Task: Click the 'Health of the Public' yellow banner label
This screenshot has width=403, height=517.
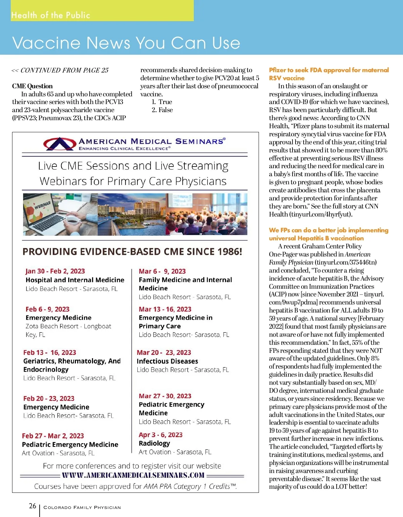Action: click(x=51, y=15)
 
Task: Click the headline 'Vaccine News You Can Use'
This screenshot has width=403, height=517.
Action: click(x=126, y=43)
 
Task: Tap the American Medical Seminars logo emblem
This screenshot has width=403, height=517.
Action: click(x=59, y=144)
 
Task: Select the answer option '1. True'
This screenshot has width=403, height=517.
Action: click(x=162, y=102)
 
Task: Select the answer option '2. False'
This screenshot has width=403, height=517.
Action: click(x=162, y=110)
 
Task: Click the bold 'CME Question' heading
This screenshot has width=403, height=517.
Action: click(x=32, y=86)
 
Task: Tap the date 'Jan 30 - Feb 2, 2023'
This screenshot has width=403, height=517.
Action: click(x=55, y=271)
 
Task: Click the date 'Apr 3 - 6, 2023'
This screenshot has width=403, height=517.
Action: click(x=161, y=435)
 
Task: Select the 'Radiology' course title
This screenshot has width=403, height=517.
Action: click(x=154, y=443)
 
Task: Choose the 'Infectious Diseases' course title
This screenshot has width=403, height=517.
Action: click(x=167, y=361)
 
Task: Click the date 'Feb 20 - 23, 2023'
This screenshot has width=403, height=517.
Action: click(x=49, y=398)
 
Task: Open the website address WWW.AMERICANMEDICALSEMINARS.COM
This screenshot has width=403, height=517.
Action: click(x=133, y=475)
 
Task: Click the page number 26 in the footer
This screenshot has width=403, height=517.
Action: click(x=33, y=506)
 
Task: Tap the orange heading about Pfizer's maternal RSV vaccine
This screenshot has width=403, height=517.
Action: click(x=328, y=74)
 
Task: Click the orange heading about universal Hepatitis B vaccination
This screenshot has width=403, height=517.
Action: click(x=328, y=234)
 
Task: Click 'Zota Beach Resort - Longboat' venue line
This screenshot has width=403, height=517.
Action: click(x=68, y=326)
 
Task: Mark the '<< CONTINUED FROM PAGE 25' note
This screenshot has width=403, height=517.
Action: click(x=60, y=70)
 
